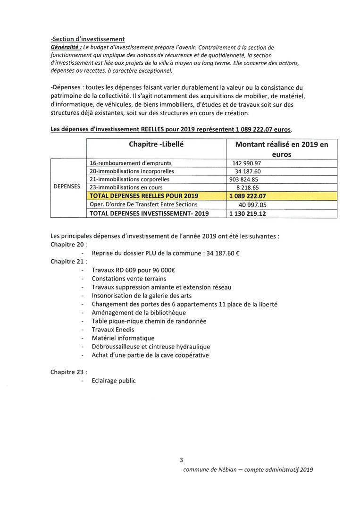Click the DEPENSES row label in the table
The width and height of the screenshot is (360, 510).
tap(67, 187)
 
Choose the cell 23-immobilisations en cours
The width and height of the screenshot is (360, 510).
tap(123, 187)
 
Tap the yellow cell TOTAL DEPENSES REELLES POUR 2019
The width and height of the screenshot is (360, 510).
tap(144, 195)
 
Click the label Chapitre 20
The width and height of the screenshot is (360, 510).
tap(67, 245)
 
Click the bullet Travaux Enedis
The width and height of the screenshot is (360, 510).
tap(113, 330)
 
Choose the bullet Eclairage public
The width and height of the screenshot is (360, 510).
tap(114, 381)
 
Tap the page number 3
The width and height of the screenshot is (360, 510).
tap(181, 460)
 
